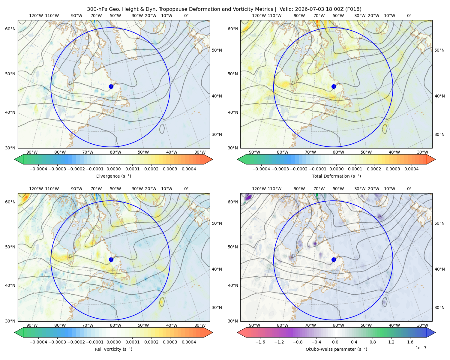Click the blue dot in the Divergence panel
pos(111,86)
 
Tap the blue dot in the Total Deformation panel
pos(334,86)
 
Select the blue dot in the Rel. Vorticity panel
pos(111,259)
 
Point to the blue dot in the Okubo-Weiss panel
pos(334,259)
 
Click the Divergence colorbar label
pos(113,176)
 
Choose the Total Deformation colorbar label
pos(336,176)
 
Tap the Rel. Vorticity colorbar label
pos(113,349)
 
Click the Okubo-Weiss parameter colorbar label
pos(336,349)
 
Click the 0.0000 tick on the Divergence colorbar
pos(113,169)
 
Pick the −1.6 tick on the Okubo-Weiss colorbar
pos(260,342)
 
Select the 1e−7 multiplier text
pos(421,348)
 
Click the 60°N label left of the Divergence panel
pos(10,29)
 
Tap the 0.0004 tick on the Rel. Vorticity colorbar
pos(189,342)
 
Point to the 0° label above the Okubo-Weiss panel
pos(409,189)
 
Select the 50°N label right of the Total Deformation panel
pos(439,50)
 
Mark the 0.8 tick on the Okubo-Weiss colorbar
pos(373,342)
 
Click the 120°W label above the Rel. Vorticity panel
pos(36,189)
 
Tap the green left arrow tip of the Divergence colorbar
pos(15,159)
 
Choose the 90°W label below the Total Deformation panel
pos(254,152)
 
